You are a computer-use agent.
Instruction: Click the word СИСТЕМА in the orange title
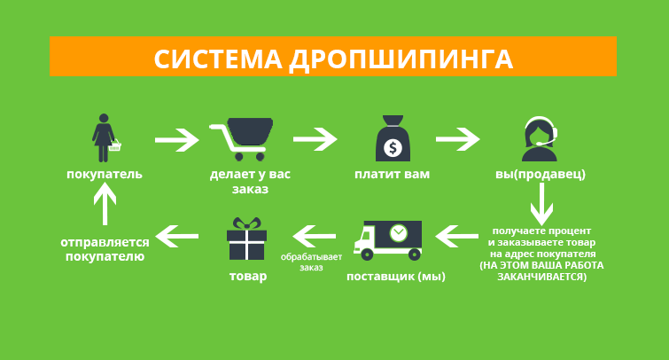[x=218, y=59]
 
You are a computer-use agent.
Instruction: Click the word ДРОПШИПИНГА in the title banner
[x=401, y=59]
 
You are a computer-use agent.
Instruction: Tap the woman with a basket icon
[x=105, y=138]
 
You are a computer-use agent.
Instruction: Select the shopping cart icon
[x=241, y=139]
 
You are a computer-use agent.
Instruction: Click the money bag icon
[x=393, y=138]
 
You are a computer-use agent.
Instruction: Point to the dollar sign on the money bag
[x=393, y=148]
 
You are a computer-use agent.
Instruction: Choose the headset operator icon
[x=541, y=139]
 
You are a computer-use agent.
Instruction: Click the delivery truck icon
[x=388, y=240]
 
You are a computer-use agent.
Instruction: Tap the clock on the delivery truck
[x=399, y=233]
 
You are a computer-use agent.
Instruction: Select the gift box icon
[x=246, y=239]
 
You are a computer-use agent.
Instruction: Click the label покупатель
[x=105, y=174]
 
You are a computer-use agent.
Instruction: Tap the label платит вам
[x=393, y=174]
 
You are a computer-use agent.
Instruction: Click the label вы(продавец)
[x=541, y=174]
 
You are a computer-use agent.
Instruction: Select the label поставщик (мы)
[x=396, y=277]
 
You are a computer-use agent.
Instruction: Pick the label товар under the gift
[x=248, y=277]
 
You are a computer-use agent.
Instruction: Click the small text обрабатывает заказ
[x=311, y=262]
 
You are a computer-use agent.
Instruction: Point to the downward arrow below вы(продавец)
[x=541, y=204]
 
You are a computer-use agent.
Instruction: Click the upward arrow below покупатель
[x=105, y=204]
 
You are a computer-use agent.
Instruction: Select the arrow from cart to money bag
[x=315, y=139]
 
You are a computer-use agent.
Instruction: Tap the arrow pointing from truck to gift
[x=315, y=236]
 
